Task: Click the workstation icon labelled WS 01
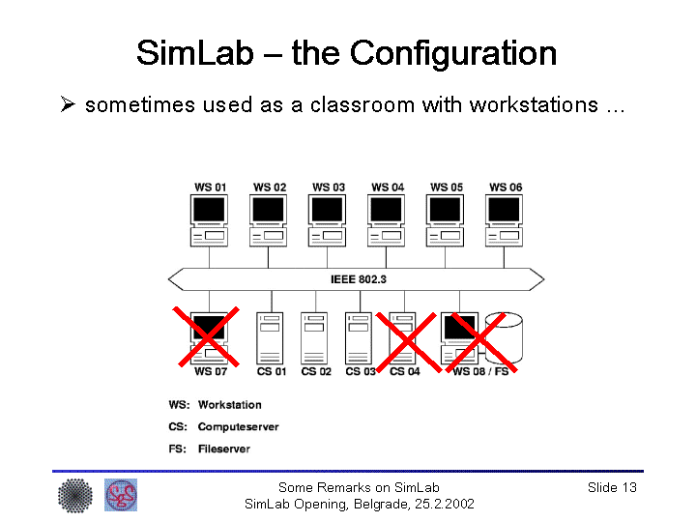(x=210, y=220)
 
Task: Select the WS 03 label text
(x=329, y=188)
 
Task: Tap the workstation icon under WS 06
(x=505, y=220)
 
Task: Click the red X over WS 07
(x=207, y=336)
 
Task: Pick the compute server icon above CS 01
(x=269, y=336)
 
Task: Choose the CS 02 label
(x=315, y=372)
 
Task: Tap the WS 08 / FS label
(x=479, y=372)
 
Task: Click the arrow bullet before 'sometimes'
(x=68, y=104)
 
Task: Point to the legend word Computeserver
(x=238, y=426)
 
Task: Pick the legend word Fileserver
(x=223, y=449)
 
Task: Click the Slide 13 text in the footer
(x=612, y=487)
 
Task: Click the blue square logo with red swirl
(x=121, y=495)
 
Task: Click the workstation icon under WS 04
(x=387, y=220)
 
